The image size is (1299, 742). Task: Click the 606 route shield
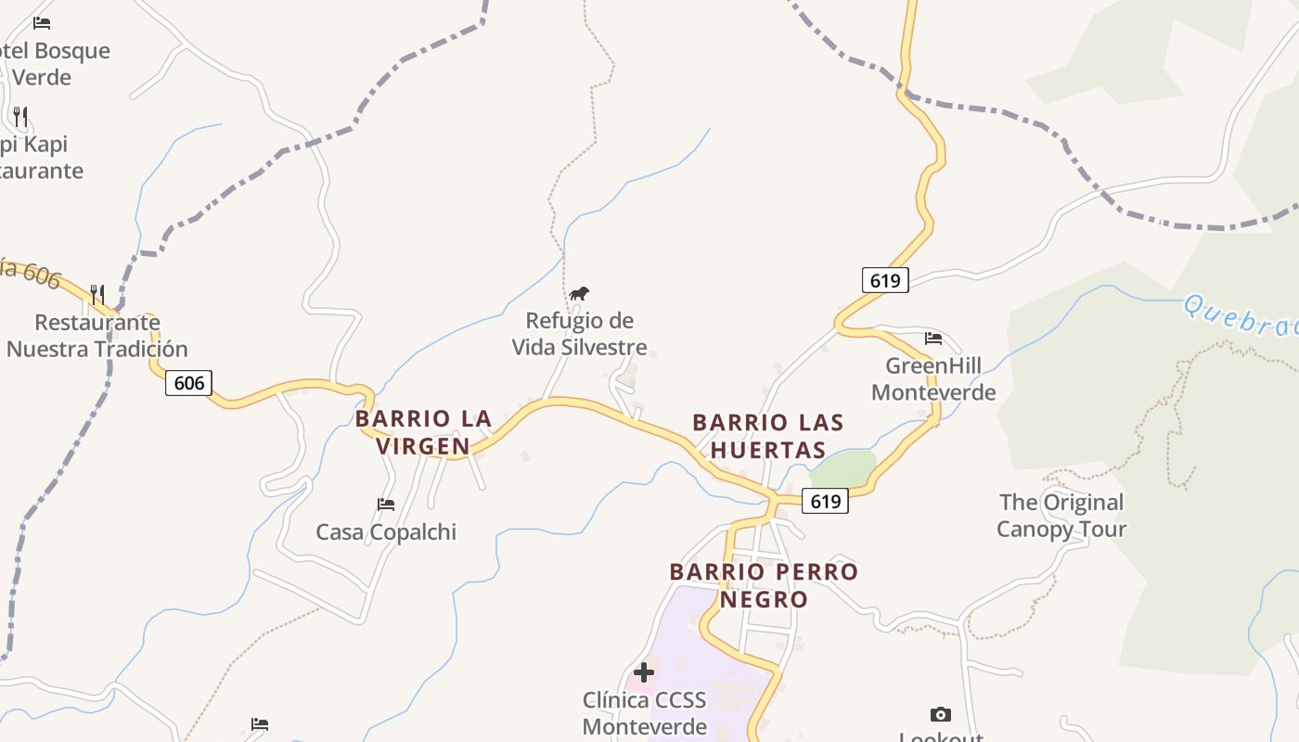(189, 382)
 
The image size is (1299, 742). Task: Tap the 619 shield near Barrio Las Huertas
(825, 501)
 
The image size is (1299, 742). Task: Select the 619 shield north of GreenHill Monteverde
(885, 279)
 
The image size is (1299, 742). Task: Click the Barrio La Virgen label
(424, 432)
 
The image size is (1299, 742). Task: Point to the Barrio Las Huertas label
(768, 436)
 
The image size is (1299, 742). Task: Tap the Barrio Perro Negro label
(765, 585)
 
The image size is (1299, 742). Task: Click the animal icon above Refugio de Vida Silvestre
(579, 294)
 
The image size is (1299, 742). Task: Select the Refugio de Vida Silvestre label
(580, 334)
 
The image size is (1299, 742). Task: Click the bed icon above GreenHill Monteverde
(933, 339)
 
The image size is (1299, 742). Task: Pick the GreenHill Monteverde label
(933, 378)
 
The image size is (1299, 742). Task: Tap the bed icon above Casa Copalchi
(386, 505)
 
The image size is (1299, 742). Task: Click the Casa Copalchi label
(386, 532)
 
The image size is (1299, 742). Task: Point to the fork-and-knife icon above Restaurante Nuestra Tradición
(97, 295)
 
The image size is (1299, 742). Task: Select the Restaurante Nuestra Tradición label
(97, 336)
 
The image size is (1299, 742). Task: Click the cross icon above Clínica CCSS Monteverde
(644, 672)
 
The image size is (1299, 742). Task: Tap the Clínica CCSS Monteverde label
(644, 712)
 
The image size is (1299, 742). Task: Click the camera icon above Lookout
(941, 714)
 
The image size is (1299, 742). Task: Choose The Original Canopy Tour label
(1061, 516)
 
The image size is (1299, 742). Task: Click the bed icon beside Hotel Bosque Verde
(42, 23)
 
